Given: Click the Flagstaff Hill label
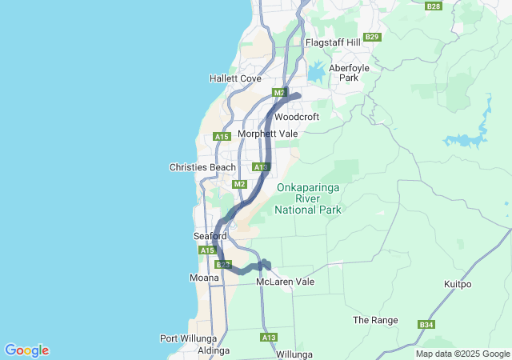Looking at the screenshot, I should coord(333,42).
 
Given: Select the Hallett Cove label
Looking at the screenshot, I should coord(235,78).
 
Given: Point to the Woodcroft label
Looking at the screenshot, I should coord(297,116).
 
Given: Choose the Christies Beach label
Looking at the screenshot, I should coord(202,167).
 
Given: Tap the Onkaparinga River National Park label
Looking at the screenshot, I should coord(308,198).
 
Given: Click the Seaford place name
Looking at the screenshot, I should coord(210,236).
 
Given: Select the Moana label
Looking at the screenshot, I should coord(204,278).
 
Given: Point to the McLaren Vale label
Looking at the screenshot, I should coord(286,282).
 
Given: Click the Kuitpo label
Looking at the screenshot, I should coord(459,284).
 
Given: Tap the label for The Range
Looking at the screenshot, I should coord(375,320).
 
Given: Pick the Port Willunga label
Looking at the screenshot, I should coord(185,338).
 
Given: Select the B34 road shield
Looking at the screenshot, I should coord(426,325).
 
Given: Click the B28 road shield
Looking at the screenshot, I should coord(434,6).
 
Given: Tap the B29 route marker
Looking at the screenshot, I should coord(372,37).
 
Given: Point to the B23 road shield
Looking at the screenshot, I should coord(223,264).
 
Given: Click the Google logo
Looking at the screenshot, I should coord(26,350).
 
